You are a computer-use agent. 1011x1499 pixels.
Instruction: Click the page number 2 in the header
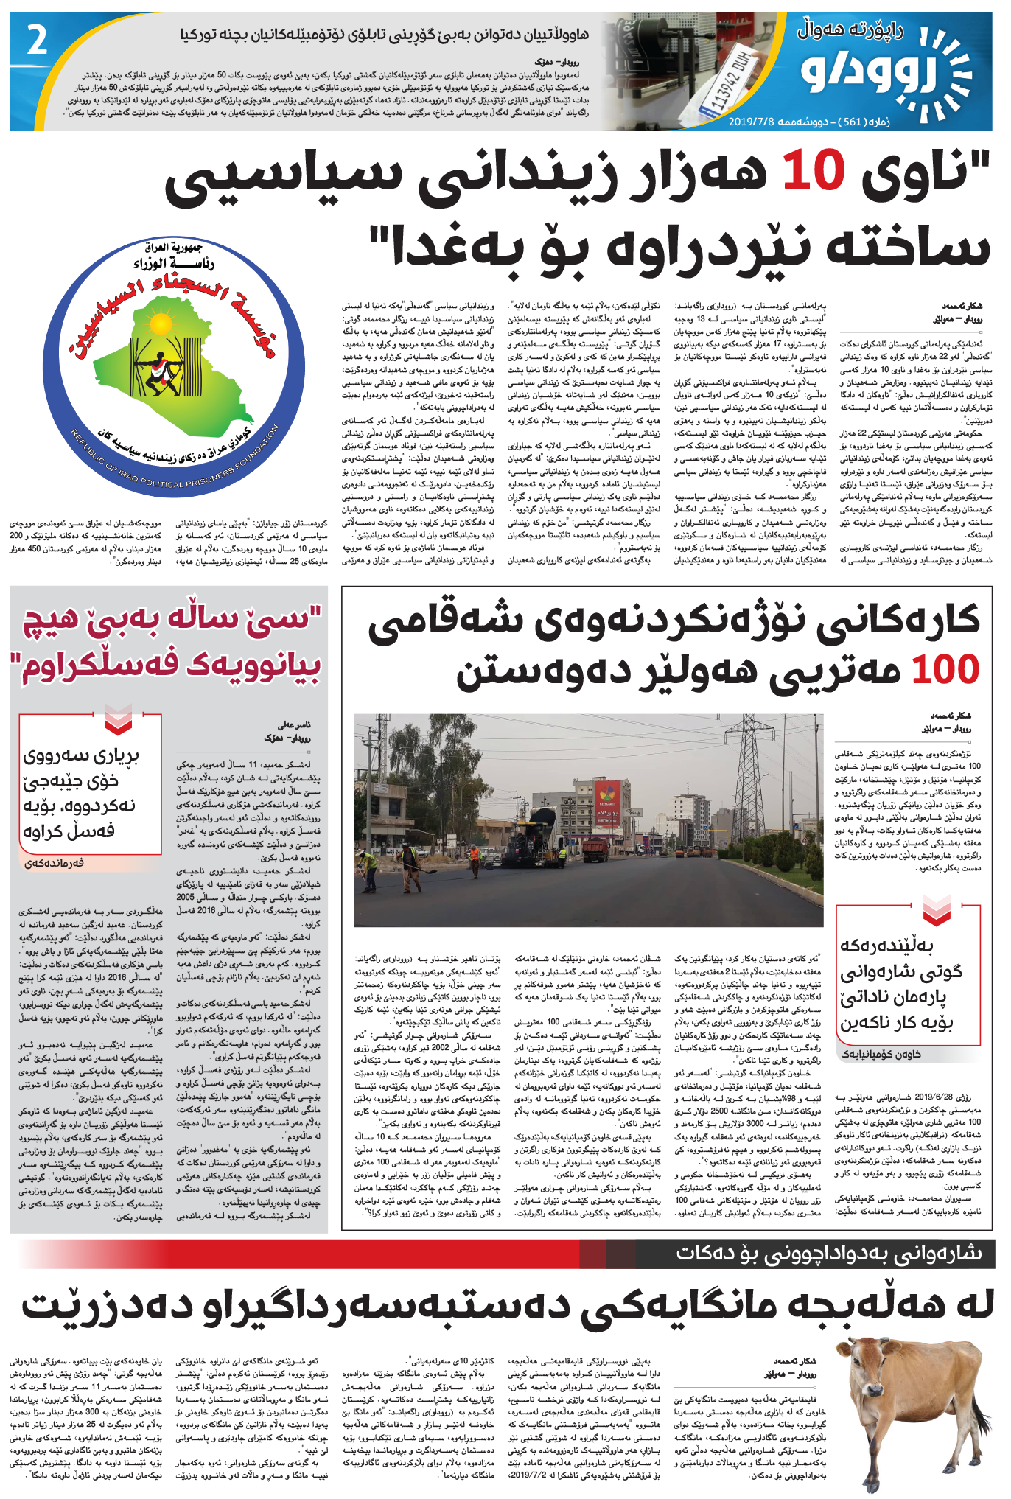point(37,41)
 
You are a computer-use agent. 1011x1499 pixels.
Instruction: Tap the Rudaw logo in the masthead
point(884,74)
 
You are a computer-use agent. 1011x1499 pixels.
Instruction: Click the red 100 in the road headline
point(945,669)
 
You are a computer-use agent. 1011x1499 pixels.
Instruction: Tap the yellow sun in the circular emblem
point(160,324)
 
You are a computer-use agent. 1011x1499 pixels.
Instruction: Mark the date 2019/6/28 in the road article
point(934,1097)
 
